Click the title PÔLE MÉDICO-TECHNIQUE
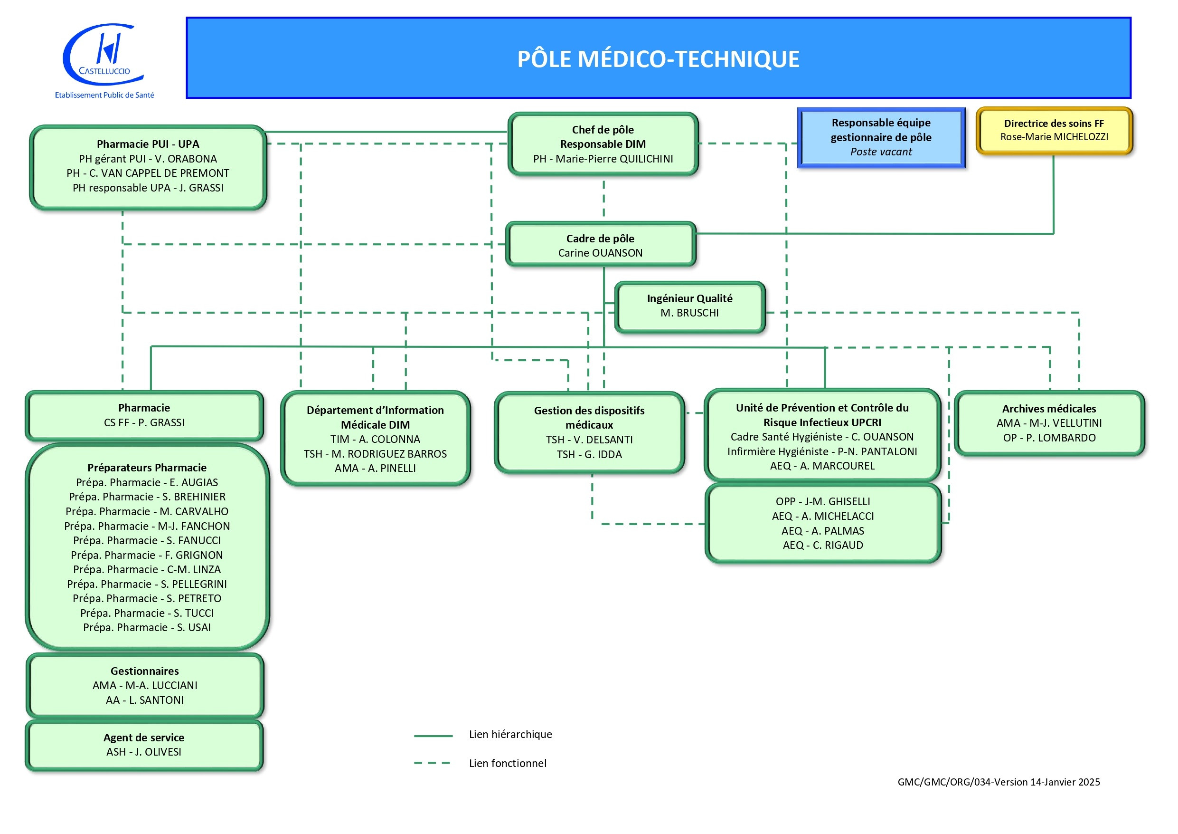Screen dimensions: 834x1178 click(x=658, y=59)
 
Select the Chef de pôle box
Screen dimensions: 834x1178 click(x=603, y=144)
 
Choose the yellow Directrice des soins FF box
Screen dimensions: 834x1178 click(x=1054, y=130)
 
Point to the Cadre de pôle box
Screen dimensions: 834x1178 click(x=600, y=246)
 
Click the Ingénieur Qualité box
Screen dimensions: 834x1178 click(x=689, y=306)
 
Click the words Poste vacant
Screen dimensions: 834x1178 click(x=881, y=152)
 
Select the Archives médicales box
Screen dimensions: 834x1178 click(x=1049, y=423)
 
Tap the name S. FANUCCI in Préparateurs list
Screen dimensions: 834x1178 click(x=193, y=541)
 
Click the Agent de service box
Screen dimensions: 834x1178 click(x=144, y=745)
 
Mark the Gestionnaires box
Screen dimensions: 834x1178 click(x=145, y=686)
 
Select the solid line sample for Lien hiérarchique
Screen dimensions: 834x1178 click(x=433, y=736)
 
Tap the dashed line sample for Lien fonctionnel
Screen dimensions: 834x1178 click(x=432, y=764)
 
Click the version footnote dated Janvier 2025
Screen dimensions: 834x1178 click(x=998, y=782)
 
